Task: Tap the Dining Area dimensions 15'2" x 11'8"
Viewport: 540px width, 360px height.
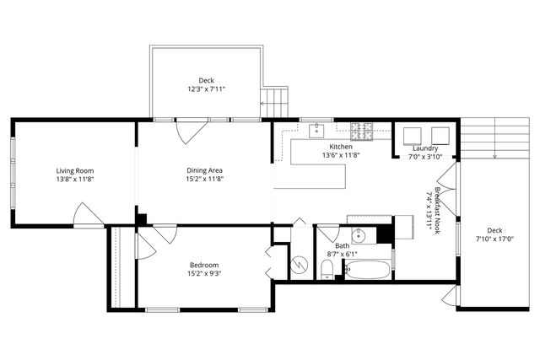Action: [204, 180]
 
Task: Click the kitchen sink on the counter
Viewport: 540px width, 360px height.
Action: [319, 130]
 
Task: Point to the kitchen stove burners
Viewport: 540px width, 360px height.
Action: [363, 131]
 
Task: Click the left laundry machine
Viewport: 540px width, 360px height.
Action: [413, 136]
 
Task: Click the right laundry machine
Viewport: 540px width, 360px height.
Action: [440, 136]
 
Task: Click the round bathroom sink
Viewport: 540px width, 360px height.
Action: [358, 235]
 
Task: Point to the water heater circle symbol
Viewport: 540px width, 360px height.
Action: [297, 265]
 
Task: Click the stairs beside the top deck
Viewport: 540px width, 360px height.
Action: [276, 103]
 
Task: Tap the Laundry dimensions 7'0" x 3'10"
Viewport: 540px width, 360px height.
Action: [425, 156]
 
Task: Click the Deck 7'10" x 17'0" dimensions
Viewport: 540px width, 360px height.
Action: [494, 239]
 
